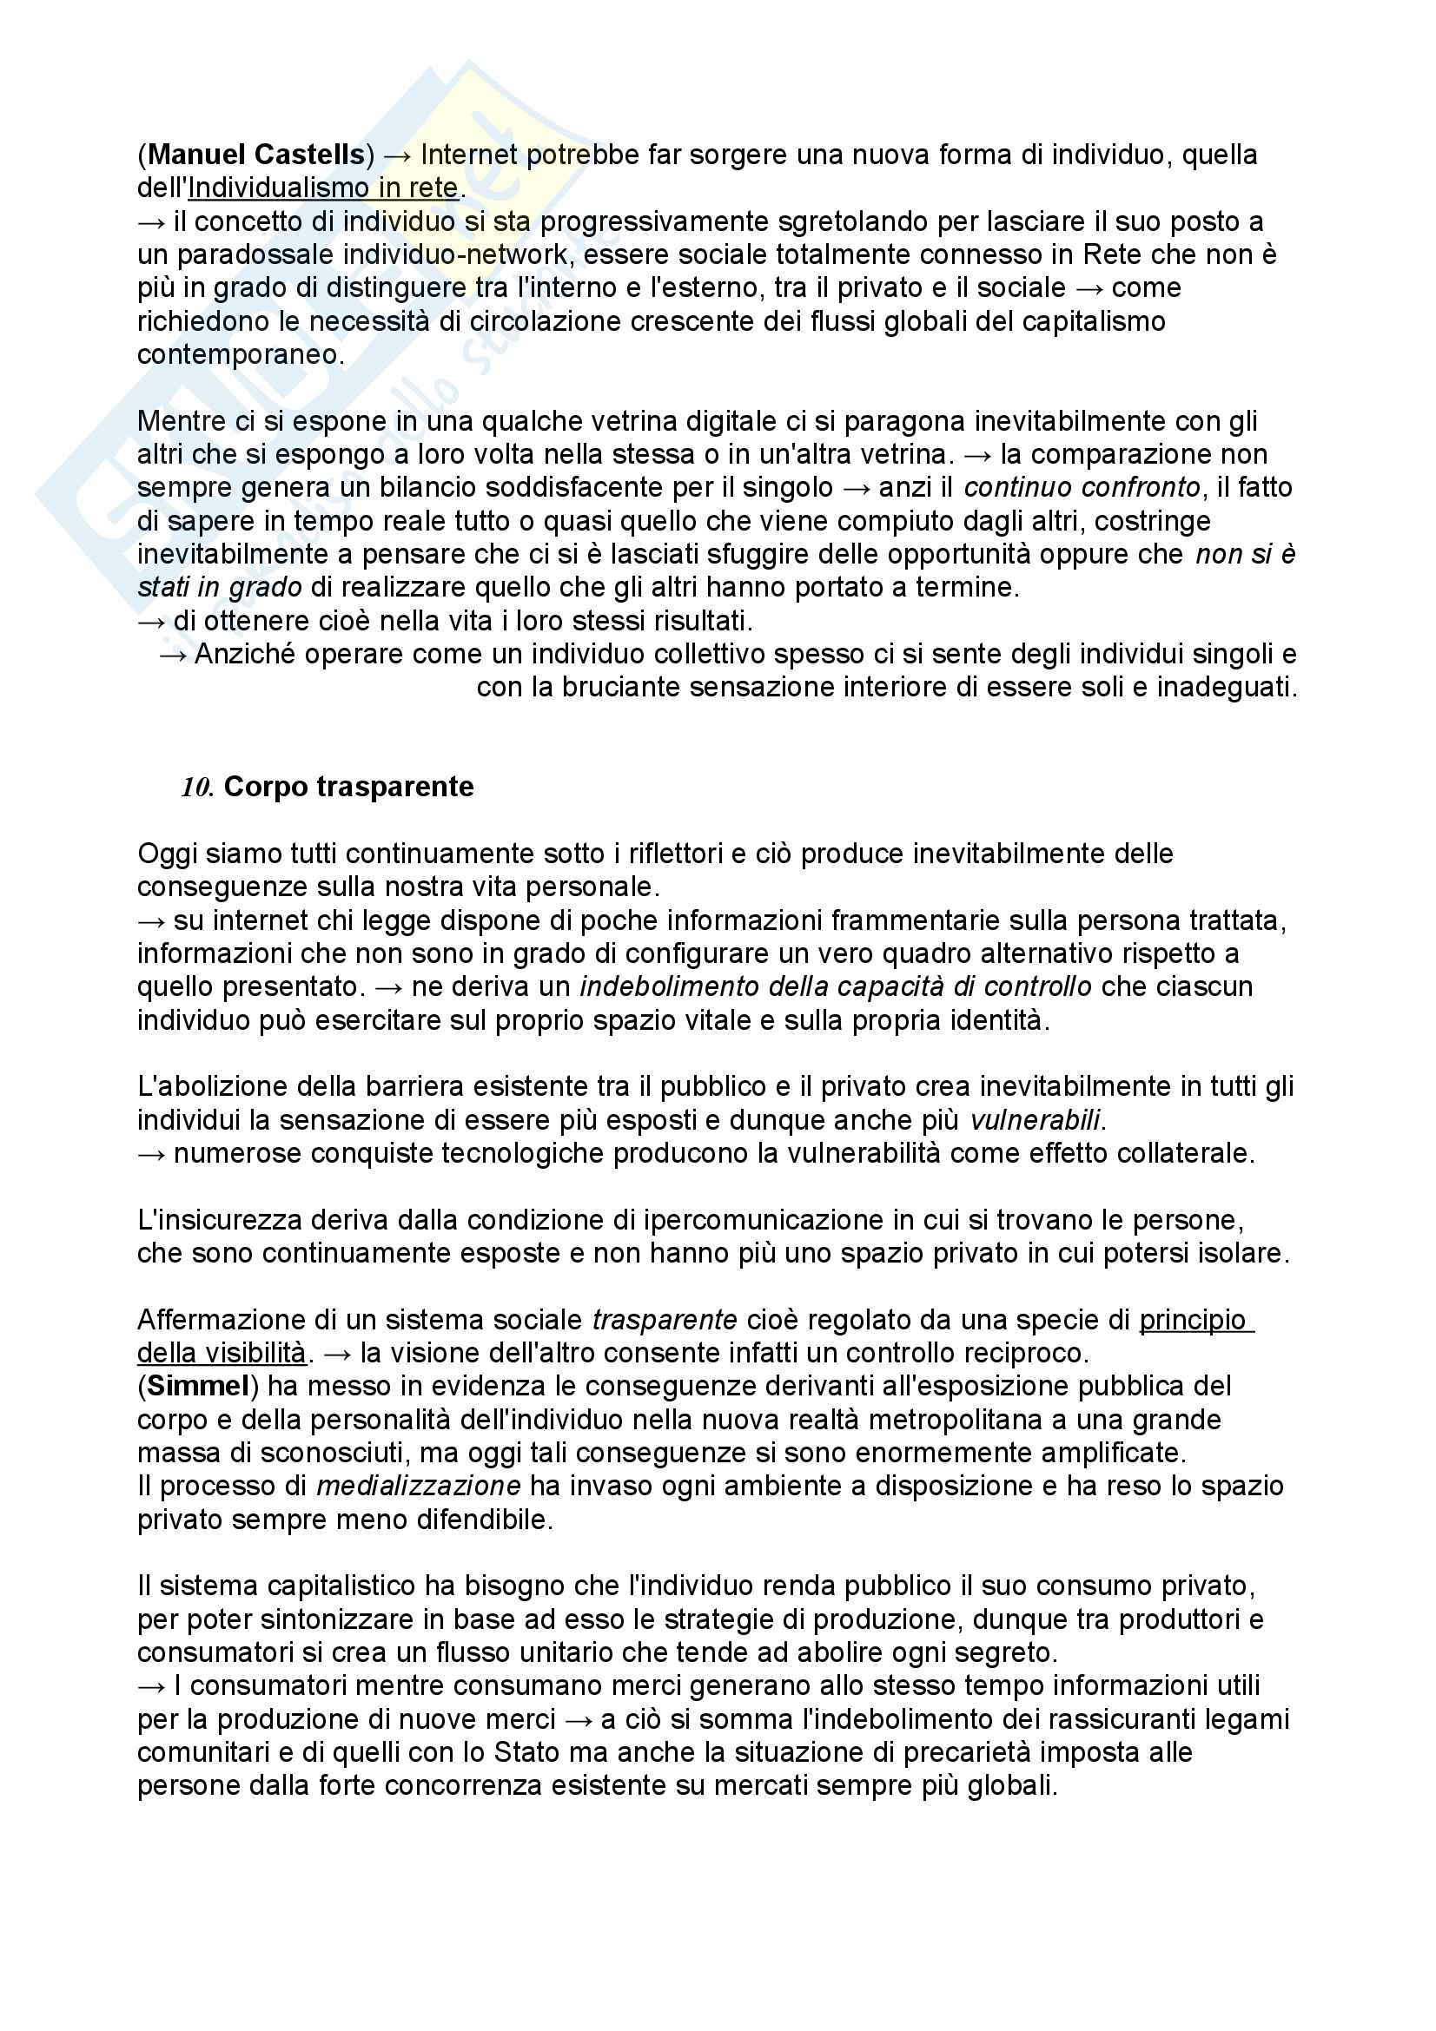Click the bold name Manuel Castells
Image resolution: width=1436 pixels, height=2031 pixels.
(x=255, y=155)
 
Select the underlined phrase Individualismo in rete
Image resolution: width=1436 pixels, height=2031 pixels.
(x=323, y=188)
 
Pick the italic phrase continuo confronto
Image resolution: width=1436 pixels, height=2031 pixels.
(x=1082, y=487)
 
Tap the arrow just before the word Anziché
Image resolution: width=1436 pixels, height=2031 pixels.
(x=173, y=655)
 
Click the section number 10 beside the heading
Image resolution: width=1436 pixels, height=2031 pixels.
(x=195, y=788)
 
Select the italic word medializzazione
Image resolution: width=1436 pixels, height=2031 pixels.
(x=419, y=1486)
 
